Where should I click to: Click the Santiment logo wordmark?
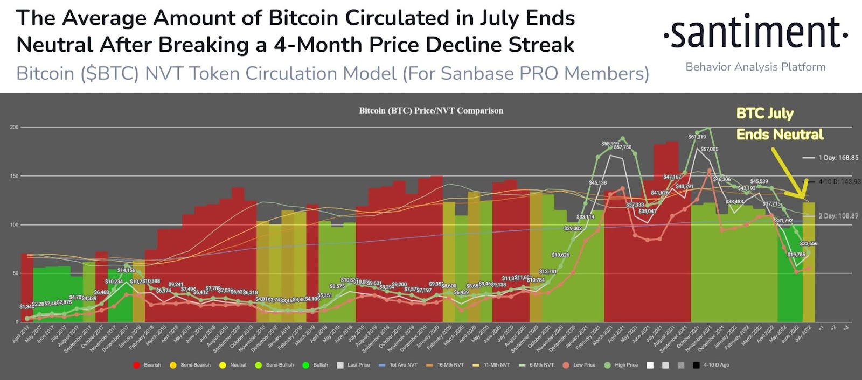click(755, 33)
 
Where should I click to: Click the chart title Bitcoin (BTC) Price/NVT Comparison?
click(431, 111)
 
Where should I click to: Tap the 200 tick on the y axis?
click(14, 128)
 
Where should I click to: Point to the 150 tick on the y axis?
click(14, 176)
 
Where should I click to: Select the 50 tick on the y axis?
click(15, 273)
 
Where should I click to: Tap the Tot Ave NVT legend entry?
click(398, 365)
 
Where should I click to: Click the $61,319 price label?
click(697, 137)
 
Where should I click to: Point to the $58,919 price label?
click(610, 144)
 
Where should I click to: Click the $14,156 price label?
click(126, 270)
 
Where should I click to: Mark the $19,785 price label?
click(796, 255)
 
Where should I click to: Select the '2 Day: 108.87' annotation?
click(838, 216)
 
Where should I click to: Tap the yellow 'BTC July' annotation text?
click(764, 114)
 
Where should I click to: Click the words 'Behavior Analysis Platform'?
click(755, 67)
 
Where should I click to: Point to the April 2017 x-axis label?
click(22, 334)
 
